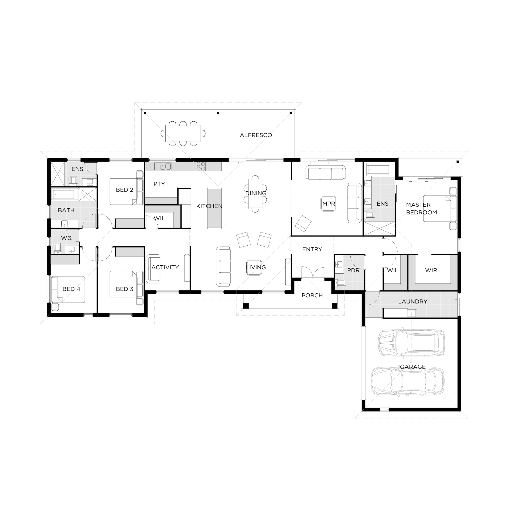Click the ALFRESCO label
click(256, 135)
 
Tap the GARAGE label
click(413, 367)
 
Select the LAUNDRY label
click(413, 302)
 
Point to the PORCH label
click(312, 295)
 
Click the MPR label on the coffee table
click(329, 204)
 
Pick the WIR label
click(431, 270)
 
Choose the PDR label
click(353, 270)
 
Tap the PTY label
click(159, 184)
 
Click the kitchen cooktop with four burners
click(201, 166)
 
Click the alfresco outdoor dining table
click(183, 133)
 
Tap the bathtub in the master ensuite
click(379, 170)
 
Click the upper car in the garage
click(411, 343)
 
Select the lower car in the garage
click(407, 382)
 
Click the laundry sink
click(411, 313)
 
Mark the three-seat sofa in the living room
click(223, 267)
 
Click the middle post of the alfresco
click(218, 113)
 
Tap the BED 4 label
click(71, 289)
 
